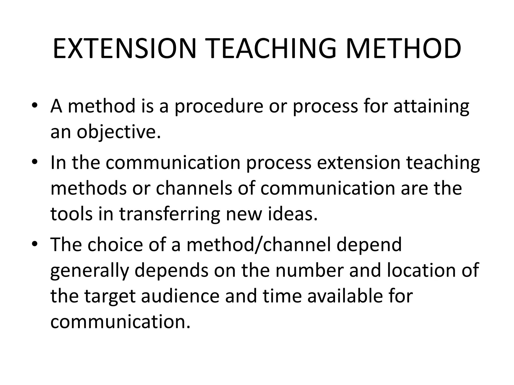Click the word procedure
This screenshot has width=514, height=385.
click(219, 106)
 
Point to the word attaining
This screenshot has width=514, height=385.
click(431, 106)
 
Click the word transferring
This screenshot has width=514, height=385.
click(169, 214)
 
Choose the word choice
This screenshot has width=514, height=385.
click(115, 245)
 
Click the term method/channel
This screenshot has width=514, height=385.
click(259, 245)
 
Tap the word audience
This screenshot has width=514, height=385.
click(180, 296)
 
